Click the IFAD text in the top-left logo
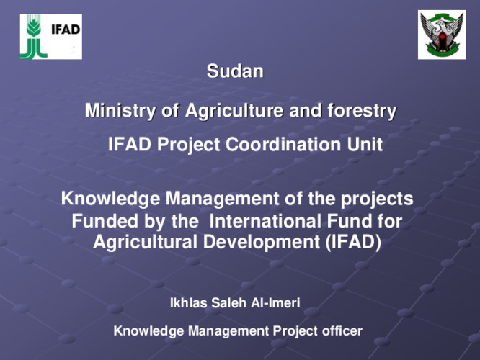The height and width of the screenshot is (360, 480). coord(66,30)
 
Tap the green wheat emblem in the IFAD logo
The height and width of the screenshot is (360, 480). coord(34,37)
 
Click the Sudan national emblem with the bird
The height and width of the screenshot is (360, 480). coord(442,35)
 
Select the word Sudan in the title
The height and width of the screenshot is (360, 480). coord(235,71)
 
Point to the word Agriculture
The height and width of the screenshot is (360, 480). coord(234,111)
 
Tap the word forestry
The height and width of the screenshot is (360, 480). coord(362,111)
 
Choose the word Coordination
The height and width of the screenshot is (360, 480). coord(283,144)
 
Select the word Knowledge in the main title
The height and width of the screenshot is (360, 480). coord(110,199)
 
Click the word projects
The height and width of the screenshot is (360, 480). coord(377,199)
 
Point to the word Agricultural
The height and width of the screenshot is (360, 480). coord(145,242)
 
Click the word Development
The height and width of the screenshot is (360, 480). coord(262,243)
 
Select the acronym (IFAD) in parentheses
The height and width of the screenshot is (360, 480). coord(353,242)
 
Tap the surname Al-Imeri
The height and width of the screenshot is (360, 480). coord(275,303)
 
